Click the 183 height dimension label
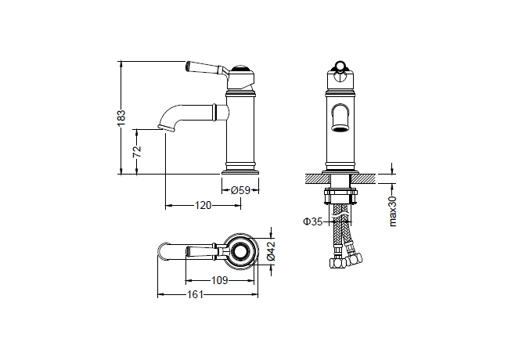[x=121, y=118]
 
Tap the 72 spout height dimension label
[x=137, y=151]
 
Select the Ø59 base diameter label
[x=240, y=190]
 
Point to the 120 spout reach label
[x=203, y=206]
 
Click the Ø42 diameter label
[x=271, y=251]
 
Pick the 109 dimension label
[x=219, y=280]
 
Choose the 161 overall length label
[x=196, y=294]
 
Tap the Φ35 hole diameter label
[x=313, y=221]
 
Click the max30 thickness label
[x=393, y=211]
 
